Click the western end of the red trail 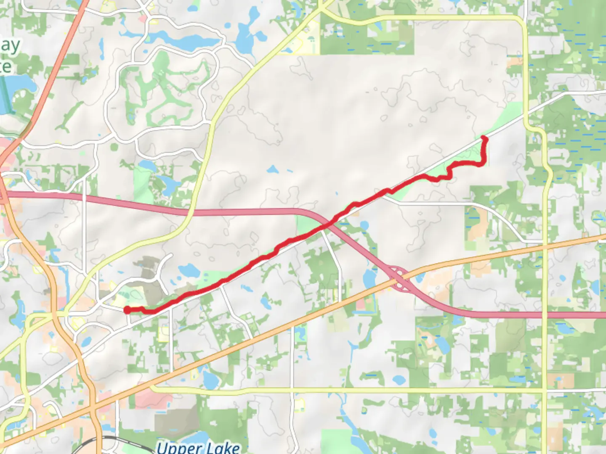tap(127, 310)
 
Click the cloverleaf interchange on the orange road tap(399, 277)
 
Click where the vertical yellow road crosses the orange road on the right tap(545, 247)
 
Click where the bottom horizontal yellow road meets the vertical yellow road tap(545, 391)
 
